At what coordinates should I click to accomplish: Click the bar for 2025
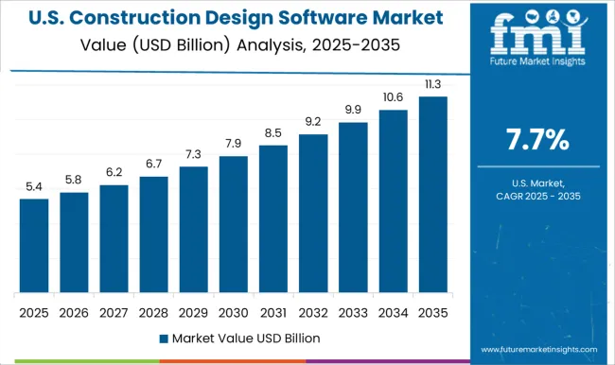pyautogui.click(x=34, y=246)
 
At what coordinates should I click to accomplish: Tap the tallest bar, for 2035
pyautogui.click(x=432, y=194)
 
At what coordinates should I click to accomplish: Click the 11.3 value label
pyautogui.click(x=432, y=84)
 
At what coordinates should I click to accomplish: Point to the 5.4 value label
pyautogui.click(x=34, y=186)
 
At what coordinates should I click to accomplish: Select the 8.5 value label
pyautogui.click(x=272, y=132)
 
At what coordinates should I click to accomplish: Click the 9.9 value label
pyautogui.click(x=353, y=111)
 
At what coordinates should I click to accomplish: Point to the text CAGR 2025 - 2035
pyautogui.click(x=536, y=195)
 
